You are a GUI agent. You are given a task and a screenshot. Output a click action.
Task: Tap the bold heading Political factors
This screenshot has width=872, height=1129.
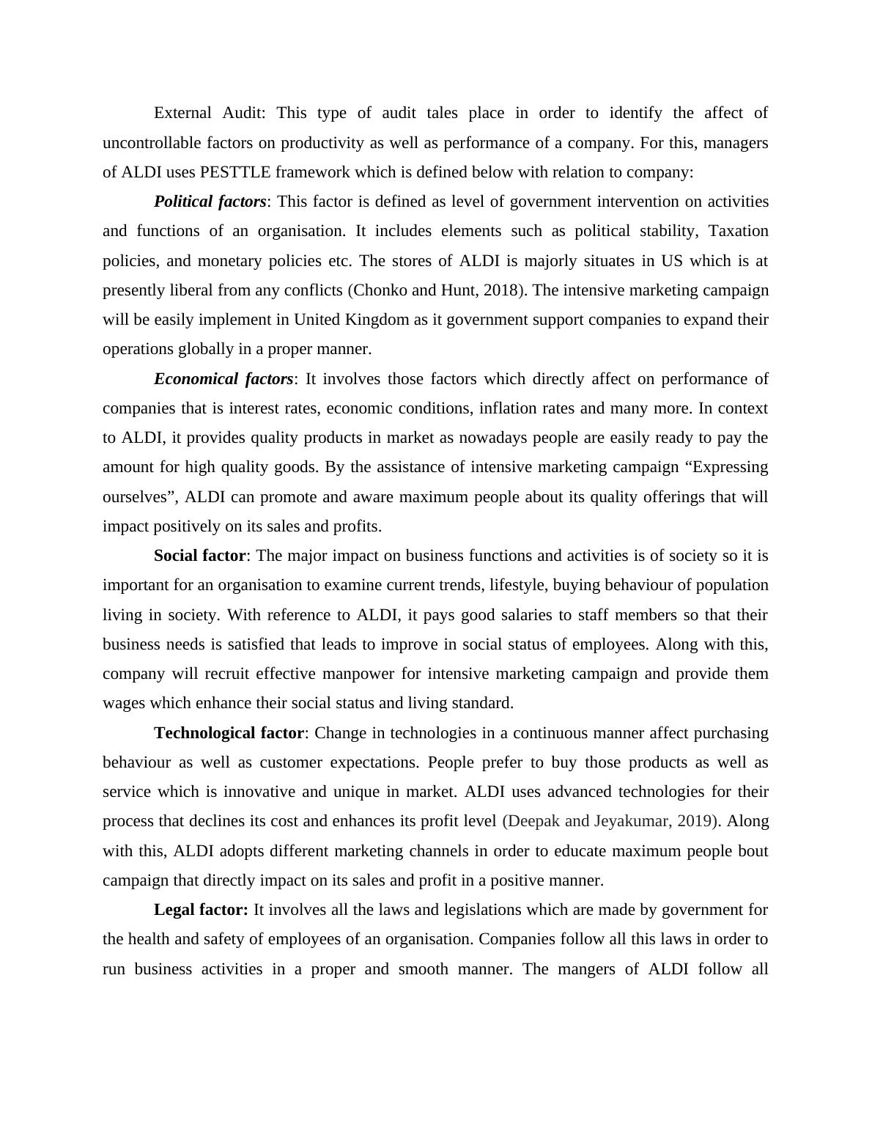click(x=210, y=202)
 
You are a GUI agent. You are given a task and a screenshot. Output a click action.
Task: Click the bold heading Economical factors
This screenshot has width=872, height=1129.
click(x=223, y=379)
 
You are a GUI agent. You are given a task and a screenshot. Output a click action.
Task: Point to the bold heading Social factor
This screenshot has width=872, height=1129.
click(x=199, y=556)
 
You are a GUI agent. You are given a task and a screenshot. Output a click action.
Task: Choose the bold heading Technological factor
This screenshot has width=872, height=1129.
click(x=229, y=733)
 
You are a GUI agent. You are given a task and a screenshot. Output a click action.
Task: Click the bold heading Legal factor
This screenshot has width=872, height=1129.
click(x=201, y=910)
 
